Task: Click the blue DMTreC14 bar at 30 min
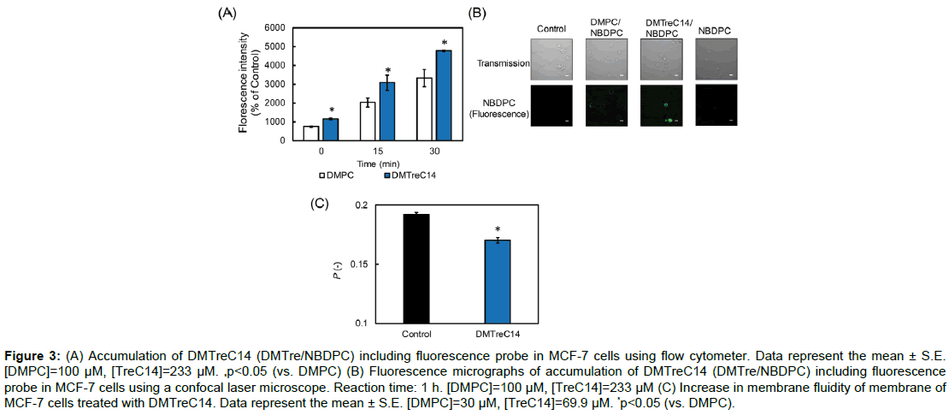pyautogui.click(x=444, y=95)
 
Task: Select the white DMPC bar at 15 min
pyautogui.click(x=367, y=121)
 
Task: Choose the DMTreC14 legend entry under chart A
pyautogui.click(x=415, y=175)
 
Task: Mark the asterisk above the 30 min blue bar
pyautogui.click(x=445, y=43)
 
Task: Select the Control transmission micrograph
pyautogui.click(x=551, y=57)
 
